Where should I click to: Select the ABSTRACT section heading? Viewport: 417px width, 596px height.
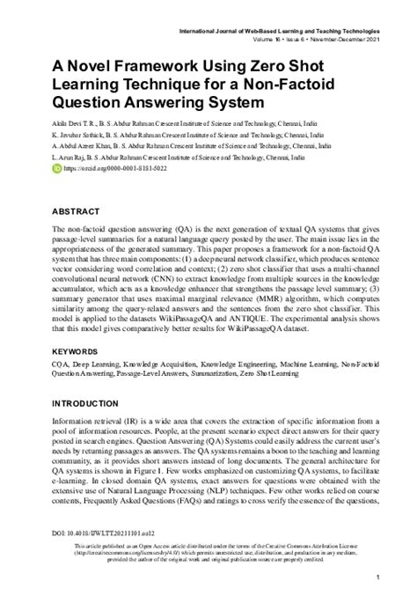[75, 212]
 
